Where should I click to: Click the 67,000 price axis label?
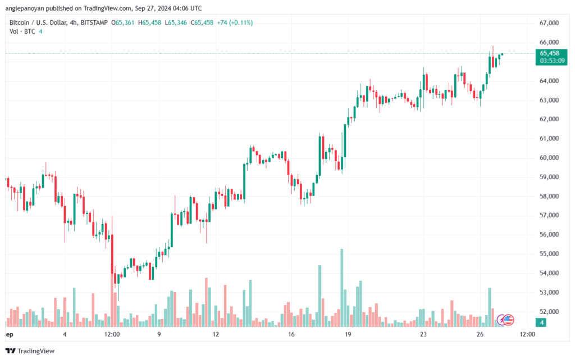click(549, 23)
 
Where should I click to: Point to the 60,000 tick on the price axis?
click(549, 158)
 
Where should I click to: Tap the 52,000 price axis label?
click(549, 312)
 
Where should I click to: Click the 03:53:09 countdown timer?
click(553, 61)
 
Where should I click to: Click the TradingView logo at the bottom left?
click(30, 351)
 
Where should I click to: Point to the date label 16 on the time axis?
click(291, 334)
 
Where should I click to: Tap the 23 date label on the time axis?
click(423, 334)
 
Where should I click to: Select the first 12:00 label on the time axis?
click(112, 334)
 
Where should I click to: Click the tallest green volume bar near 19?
click(342, 288)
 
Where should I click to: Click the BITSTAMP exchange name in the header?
click(94, 22)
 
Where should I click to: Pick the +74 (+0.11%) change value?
click(235, 22)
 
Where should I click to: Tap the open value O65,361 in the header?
click(122, 22)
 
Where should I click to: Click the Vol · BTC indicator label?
click(22, 31)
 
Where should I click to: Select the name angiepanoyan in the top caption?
click(25, 8)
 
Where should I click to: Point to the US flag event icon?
click(508, 320)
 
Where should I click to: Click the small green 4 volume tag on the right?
click(541, 322)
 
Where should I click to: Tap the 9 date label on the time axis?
click(159, 334)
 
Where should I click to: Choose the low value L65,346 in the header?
click(176, 22)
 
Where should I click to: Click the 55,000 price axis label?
click(549, 254)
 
